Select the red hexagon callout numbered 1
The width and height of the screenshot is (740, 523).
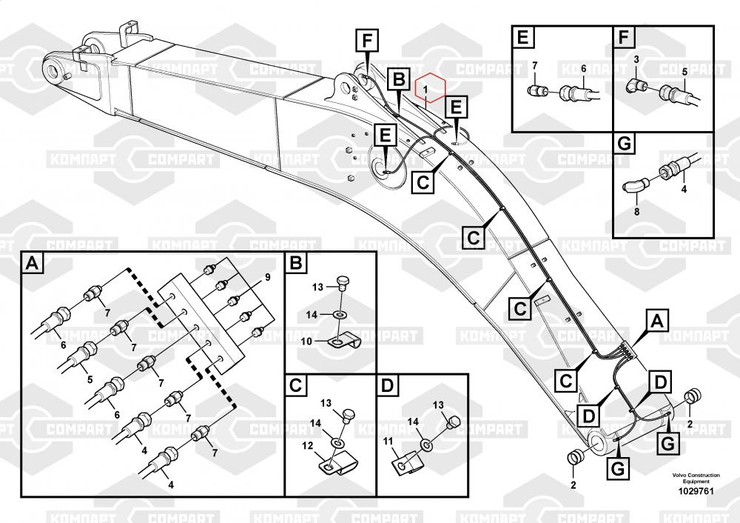(429, 89)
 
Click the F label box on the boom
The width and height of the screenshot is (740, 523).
(366, 40)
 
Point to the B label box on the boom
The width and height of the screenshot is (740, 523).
(398, 79)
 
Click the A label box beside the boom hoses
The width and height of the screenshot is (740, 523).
(654, 322)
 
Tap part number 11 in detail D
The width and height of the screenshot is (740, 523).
(388, 441)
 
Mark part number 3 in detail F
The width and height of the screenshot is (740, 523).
(636, 59)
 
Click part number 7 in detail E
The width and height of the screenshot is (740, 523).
(534, 67)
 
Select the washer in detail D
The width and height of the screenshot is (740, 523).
(426, 445)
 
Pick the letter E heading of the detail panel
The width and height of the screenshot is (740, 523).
(522, 36)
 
